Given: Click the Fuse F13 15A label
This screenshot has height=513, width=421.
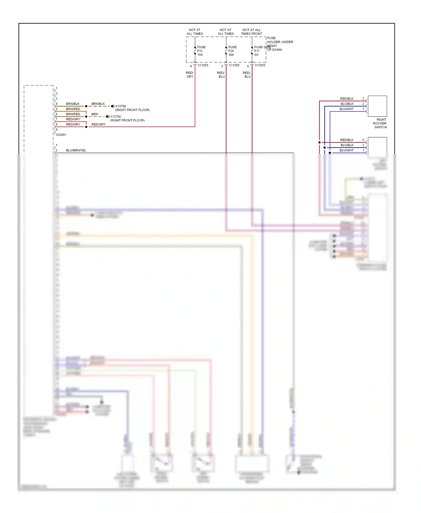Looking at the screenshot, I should pyautogui.click(x=201, y=51).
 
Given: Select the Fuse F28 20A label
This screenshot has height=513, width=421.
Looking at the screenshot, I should pyautogui.click(x=232, y=51).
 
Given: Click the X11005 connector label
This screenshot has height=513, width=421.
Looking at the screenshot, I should pyautogui.click(x=234, y=65).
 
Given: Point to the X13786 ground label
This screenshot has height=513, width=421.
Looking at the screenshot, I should pyautogui.click(x=120, y=106).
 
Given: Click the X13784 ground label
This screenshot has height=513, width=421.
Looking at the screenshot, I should pyautogui.click(x=115, y=116).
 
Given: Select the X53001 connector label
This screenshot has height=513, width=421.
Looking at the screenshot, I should pyautogui.click(x=61, y=135).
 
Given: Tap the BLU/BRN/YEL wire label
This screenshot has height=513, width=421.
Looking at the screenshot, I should pyautogui.click(x=76, y=150).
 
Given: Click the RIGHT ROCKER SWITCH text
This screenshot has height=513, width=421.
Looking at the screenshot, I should pyautogui.click(x=380, y=123).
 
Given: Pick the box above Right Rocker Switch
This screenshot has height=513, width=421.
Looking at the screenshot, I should pyautogui.click(x=377, y=106).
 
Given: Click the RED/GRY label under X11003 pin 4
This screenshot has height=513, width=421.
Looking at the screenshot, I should pyautogui.click(x=190, y=75).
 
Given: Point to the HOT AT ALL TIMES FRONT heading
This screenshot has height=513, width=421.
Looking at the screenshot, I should pyautogui.click(x=251, y=32).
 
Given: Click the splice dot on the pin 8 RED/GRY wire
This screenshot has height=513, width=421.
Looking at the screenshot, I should pyautogui.click(x=86, y=127).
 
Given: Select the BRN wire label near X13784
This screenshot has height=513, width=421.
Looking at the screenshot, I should pyautogui.click(x=95, y=114).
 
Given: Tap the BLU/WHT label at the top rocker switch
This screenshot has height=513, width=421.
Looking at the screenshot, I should pyautogui.click(x=346, y=109).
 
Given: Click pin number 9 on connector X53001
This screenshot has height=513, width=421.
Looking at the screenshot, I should pyautogui.click(x=56, y=130).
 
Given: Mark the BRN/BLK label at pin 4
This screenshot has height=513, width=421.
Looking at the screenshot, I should pyautogui.click(x=73, y=104).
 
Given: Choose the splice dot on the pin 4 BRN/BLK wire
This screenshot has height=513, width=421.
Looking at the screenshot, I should pyautogui.click(x=86, y=106).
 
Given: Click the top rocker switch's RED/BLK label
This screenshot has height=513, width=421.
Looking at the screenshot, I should pyautogui.click(x=347, y=99).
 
